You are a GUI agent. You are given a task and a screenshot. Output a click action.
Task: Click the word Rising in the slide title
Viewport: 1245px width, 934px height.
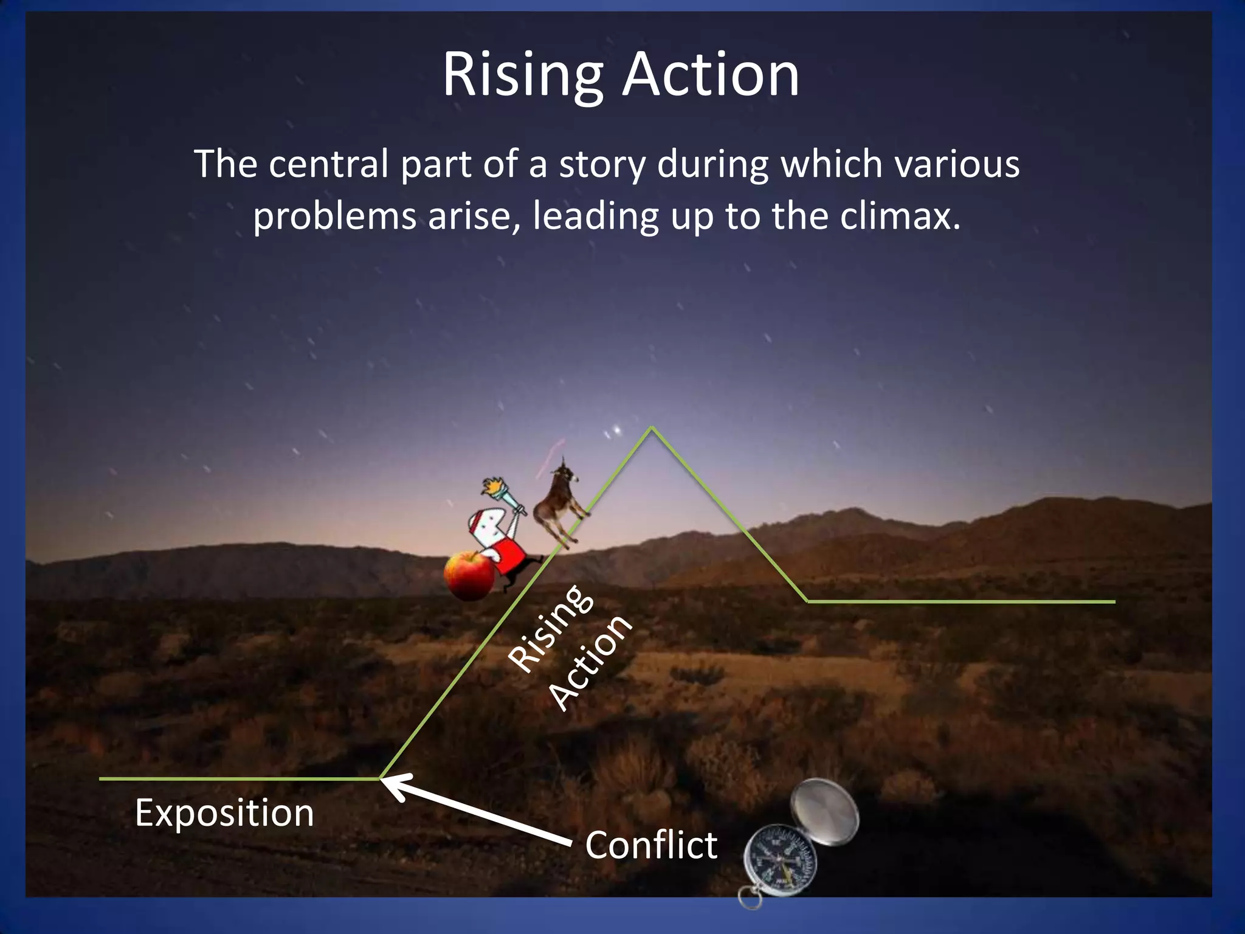tap(522, 76)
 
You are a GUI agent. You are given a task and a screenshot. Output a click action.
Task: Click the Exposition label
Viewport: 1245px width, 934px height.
tap(224, 812)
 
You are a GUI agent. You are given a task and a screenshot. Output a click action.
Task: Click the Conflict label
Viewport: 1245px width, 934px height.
tap(651, 845)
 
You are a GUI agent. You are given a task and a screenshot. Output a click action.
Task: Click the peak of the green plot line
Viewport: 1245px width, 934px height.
tap(652, 427)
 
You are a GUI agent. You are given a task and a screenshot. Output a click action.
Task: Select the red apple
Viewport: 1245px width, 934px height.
tap(468, 574)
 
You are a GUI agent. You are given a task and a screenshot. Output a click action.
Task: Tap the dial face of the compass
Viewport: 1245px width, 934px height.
tap(781, 860)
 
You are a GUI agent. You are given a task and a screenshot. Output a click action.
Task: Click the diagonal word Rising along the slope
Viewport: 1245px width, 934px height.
tap(550, 629)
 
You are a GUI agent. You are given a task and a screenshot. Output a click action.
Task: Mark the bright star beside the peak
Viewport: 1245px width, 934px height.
tap(618, 431)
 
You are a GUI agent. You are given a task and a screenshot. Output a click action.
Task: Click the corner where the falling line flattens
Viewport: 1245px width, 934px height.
tap(807, 601)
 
